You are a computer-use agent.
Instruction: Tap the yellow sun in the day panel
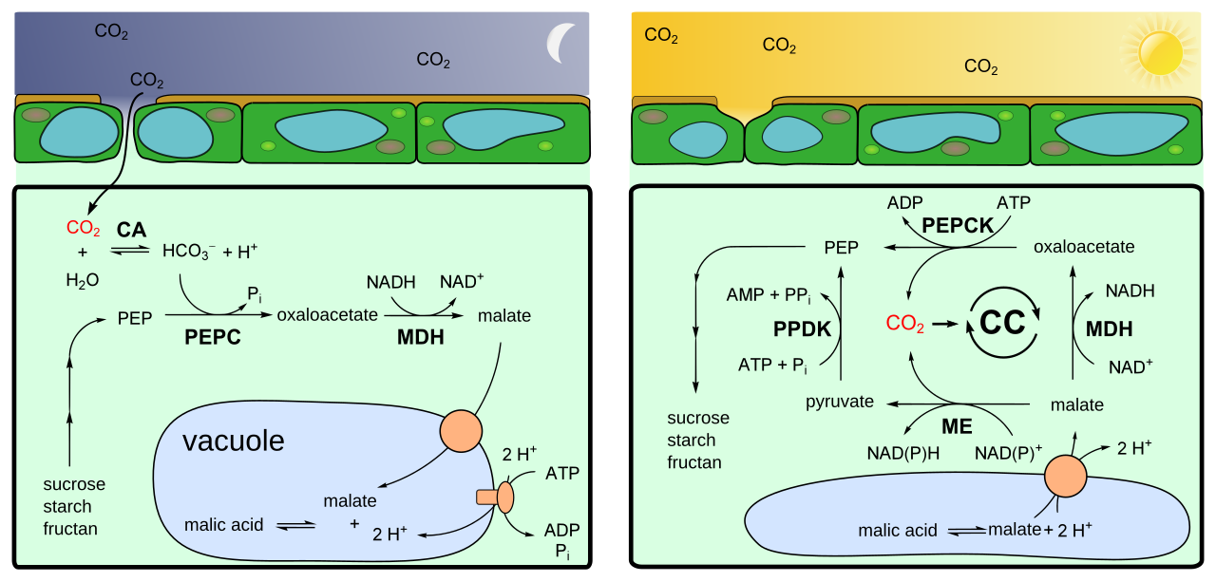(1160, 52)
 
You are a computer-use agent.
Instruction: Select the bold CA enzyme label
(131, 230)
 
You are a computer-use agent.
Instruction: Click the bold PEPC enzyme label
(212, 337)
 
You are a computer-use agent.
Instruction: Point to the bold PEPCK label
(958, 226)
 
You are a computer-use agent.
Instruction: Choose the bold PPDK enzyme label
(802, 329)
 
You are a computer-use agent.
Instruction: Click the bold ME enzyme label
(957, 426)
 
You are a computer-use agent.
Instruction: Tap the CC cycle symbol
(1002, 323)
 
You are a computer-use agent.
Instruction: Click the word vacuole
(234, 441)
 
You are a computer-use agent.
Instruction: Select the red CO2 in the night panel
(83, 228)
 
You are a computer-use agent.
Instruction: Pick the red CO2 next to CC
(904, 323)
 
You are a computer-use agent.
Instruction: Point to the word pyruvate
(839, 402)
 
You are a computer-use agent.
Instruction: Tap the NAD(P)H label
(902, 453)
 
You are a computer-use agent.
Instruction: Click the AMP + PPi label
(769, 295)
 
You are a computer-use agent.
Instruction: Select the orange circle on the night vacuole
(461, 431)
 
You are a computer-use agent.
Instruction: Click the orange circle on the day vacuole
(1066, 477)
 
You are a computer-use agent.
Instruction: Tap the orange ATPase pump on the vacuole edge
(496, 497)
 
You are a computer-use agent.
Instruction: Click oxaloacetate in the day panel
(1084, 247)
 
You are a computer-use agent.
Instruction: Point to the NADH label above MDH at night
(390, 282)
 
